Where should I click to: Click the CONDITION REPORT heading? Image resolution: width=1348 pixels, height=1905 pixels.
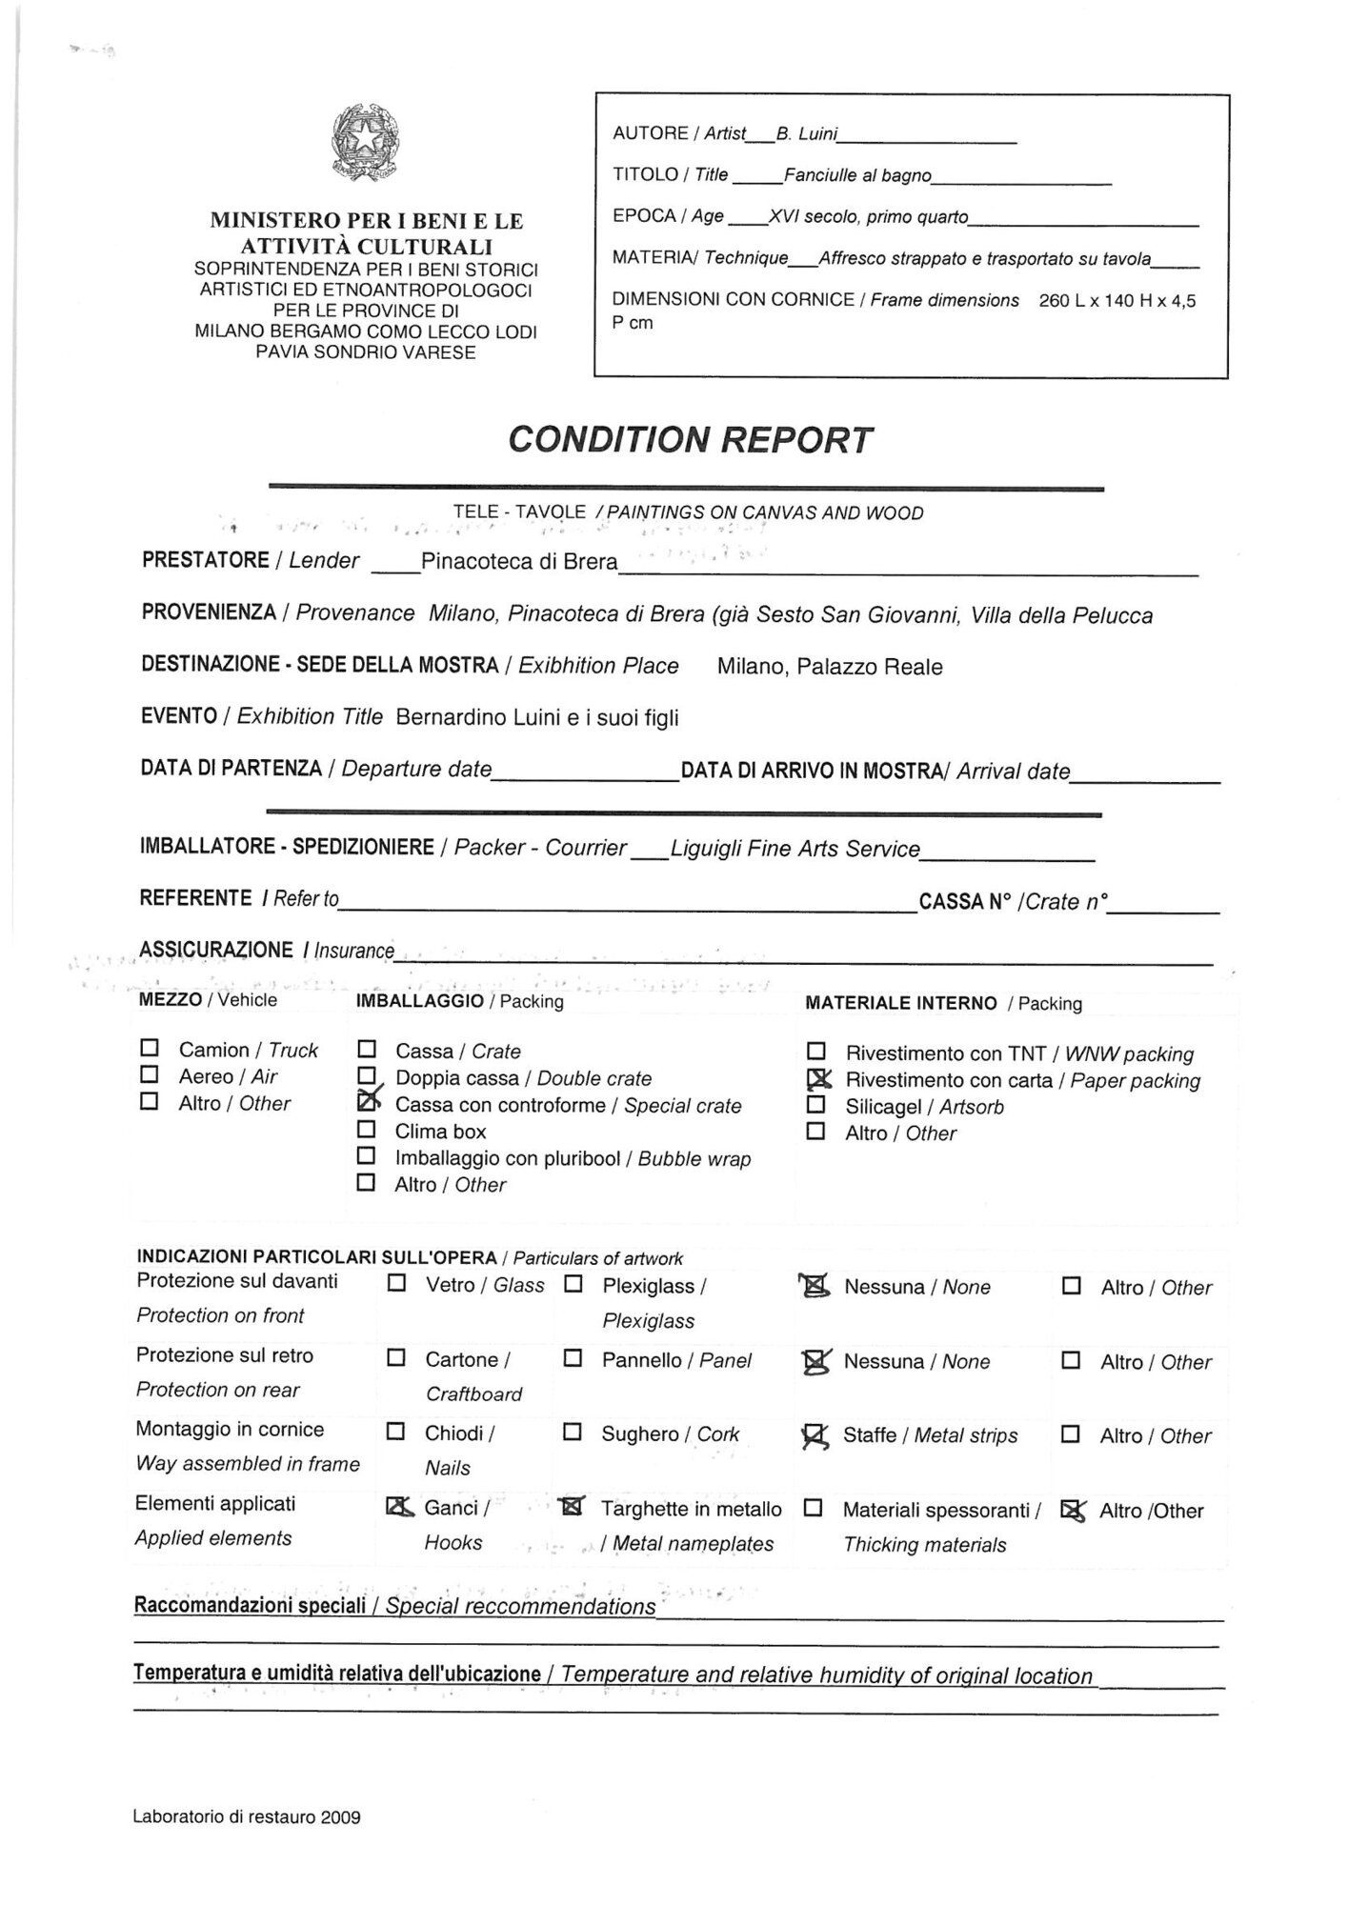coord(690,440)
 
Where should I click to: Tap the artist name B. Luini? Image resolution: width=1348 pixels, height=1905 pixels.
coord(806,134)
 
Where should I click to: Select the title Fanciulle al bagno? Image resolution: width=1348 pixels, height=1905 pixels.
coord(857,175)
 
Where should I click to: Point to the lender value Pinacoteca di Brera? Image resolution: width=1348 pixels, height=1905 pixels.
coord(519,562)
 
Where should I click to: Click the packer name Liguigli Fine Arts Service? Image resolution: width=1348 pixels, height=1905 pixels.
coord(795,849)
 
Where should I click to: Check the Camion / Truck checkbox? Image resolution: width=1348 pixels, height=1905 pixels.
coord(150,1049)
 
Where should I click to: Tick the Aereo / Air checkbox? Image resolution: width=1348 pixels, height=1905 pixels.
coord(150,1075)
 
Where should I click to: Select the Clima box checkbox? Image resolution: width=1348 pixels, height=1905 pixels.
coord(367,1130)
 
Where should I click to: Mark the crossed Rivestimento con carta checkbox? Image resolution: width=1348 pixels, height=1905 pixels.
coord(817,1079)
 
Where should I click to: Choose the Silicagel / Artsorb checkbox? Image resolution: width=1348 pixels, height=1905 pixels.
coord(816,1105)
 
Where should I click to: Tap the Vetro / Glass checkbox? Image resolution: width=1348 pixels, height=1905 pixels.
coord(397,1284)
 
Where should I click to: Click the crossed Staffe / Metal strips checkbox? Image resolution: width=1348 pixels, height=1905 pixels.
coord(815,1434)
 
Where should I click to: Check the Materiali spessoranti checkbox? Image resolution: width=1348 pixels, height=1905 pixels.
coord(815,1509)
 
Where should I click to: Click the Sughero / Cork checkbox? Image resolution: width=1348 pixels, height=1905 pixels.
coord(573,1432)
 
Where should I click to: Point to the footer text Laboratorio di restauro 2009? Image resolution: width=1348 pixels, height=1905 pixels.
coord(247,1817)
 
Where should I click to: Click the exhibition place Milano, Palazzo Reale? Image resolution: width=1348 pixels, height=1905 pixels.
coord(830,667)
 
